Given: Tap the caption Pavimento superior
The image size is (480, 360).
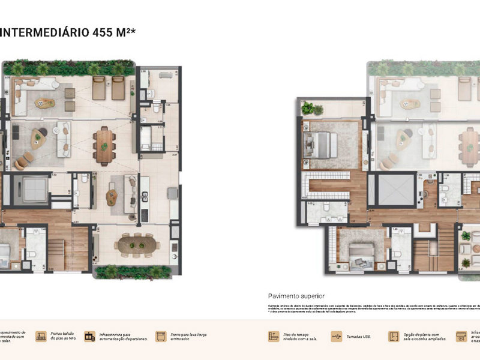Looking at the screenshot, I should click(296, 296).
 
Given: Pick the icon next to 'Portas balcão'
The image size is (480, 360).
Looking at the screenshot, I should click(41, 337).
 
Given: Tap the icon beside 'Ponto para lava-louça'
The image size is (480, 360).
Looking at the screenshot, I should click(160, 337).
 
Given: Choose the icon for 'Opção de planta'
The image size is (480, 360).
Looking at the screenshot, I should click(394, 337).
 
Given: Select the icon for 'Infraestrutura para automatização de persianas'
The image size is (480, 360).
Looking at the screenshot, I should click(89, 337).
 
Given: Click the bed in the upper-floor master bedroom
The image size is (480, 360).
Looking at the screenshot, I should click(321, 145).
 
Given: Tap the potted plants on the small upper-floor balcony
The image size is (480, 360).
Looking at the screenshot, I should click(312, 109).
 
